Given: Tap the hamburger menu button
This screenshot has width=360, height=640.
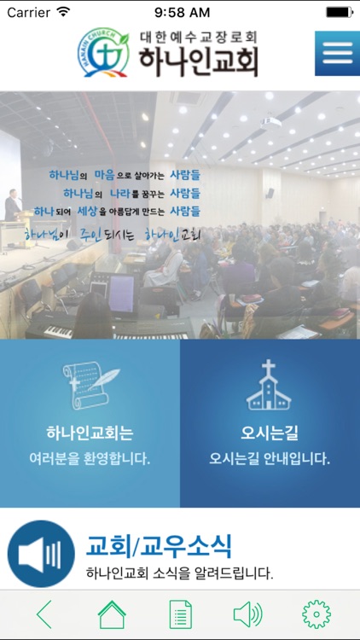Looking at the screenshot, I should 337,54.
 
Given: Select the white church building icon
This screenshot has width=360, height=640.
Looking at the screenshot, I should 270,386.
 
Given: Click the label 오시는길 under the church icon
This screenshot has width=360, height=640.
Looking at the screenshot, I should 270,432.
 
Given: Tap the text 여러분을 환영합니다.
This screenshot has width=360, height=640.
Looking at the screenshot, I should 90,458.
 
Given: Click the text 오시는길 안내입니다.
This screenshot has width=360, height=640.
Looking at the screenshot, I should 270,458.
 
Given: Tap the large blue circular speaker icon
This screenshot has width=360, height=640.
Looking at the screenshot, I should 41,554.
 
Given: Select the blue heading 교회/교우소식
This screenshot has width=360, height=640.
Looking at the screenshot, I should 159,545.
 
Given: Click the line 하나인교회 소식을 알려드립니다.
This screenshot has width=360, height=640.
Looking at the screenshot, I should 180,573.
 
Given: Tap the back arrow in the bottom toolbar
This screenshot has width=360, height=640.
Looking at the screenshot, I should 44,614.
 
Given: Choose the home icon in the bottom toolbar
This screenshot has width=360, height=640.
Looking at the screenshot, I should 112,614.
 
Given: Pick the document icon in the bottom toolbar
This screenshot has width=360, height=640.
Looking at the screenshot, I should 180,614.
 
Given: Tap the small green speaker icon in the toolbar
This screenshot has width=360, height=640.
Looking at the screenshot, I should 247,614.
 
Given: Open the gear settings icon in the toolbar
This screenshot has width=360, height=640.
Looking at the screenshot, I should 316,614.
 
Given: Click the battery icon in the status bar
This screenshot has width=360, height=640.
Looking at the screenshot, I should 339,12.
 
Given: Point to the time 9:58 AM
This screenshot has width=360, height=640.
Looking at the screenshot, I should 182,12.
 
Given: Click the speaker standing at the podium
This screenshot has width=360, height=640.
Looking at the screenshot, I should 12,206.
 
